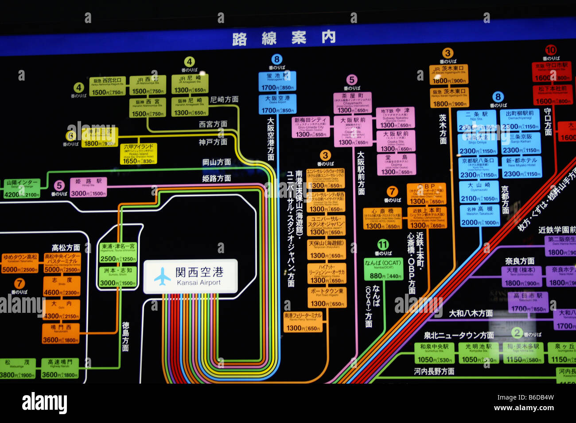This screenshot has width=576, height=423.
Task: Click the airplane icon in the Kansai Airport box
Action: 163,277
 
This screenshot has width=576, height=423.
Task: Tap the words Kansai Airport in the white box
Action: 199,282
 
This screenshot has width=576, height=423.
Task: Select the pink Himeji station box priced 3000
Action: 88,187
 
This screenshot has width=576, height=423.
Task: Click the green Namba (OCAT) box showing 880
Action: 383,269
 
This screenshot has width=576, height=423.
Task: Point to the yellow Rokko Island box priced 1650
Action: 138,154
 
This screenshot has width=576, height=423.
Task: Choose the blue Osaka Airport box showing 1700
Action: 277,104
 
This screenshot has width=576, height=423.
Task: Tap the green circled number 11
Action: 383,245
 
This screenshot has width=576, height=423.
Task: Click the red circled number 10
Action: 551,50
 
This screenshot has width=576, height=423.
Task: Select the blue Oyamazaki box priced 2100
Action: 479,192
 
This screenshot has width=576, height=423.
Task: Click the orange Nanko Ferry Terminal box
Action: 303,322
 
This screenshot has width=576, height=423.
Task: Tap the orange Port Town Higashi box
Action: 327,297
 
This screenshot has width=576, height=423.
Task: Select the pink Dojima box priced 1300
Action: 396,165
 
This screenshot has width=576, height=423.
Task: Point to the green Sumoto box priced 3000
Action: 117,277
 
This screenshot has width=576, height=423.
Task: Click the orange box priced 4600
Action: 62,286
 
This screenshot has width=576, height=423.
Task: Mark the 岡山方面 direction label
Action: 217,162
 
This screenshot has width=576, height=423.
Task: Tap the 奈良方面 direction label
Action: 520,261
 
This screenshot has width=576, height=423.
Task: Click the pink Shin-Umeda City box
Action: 311,127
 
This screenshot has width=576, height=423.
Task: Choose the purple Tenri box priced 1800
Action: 521,277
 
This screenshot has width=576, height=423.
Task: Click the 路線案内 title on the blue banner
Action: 284,38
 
